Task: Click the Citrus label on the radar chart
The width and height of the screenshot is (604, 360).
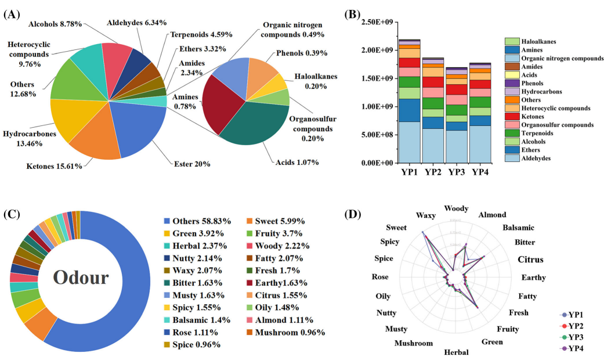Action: pos(530,259)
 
